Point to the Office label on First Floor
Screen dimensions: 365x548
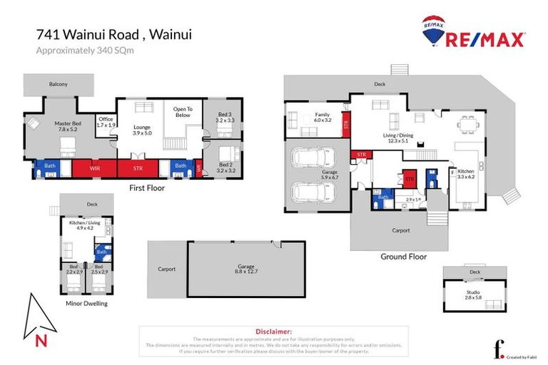click(x=106, y=122)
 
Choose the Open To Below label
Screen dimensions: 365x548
click(x=180, y=112)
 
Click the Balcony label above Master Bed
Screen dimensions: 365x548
click(x=59, y=84)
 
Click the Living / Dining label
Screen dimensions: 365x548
click(x=393, y=138)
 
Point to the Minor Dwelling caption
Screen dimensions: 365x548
click(x=86, y=303)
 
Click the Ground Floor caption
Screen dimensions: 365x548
click(x=403, y=257)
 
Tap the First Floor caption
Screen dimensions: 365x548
click(x=146, y=188)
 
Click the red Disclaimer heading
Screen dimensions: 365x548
click(x=273, y=331)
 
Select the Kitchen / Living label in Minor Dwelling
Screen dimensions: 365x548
click(x=86, y=224)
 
